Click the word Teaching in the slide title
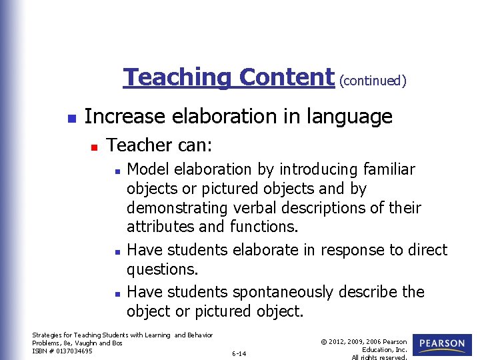(178, 77)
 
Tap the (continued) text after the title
(373, 81)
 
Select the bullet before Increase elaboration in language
(72, 118)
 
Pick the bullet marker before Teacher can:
(94, 145)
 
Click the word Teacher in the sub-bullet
(138, 145)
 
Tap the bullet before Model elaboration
(116, 171)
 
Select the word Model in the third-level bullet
(146, 169)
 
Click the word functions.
(263, 227)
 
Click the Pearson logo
(442, 345)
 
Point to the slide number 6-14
(239, 353)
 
